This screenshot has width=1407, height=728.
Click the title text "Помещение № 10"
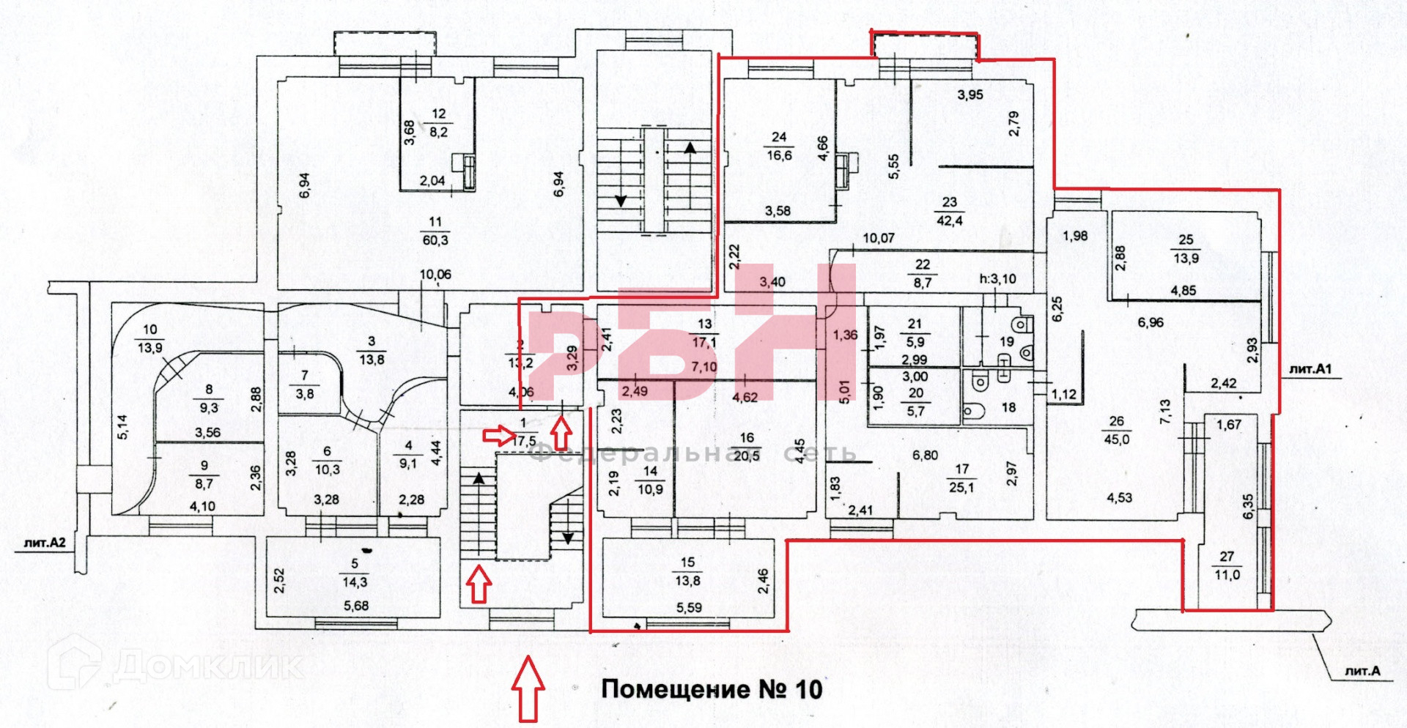(x=712, y=690)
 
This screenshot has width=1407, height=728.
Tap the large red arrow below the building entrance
(x=528, y=688)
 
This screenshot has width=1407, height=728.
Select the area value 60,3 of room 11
(x=435, y=240)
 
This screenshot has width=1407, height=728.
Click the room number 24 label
(x=779, y=137)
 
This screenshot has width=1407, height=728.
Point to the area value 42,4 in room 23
(x=949, y=220)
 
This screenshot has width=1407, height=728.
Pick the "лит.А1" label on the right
(x=1310, y=369)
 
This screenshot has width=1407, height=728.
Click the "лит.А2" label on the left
(x=45, y=543)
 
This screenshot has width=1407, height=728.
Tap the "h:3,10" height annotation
(x=998, y=279)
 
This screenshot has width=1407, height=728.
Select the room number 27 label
(x=1227, y=557)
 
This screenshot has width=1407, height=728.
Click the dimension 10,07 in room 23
(x=879, y=238)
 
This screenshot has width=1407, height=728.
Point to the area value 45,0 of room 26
(x=1116, y=439)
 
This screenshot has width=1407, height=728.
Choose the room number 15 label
(x=687, y=562)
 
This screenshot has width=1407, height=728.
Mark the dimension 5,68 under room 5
(x=356, y=606)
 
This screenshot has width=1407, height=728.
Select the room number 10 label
(x=150, y=330)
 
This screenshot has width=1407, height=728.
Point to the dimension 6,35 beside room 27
(x=1248, y=507)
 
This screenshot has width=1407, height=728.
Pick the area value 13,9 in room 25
(x=1186, y=259)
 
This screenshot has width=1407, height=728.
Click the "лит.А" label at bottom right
(x=1362, y=671)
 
